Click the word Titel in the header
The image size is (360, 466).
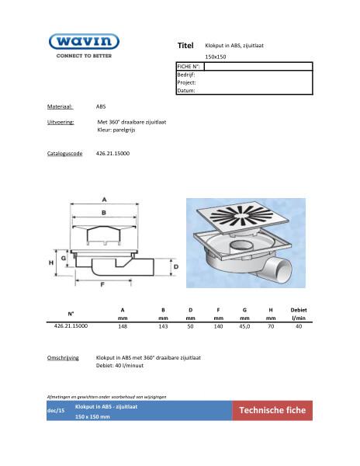click(185, 46)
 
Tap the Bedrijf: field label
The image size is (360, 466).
click(186, 75)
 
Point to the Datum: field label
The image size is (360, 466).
click(186, 90)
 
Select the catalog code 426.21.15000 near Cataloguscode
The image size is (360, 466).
click(112, 154)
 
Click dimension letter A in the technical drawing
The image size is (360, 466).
click(102, 197)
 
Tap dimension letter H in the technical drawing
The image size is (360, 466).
click(52, 263)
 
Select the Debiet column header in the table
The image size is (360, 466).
click(298, 311)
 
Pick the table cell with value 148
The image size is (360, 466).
click(123, 327)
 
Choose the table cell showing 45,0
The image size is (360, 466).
click(244, 327)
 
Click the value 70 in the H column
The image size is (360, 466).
click(270, 327)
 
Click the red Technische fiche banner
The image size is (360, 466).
click(272, 410)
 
